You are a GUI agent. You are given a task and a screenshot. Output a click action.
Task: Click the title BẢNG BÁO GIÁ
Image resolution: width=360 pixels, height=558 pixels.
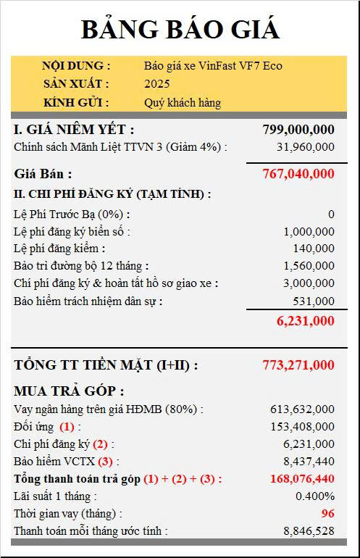(180, 30)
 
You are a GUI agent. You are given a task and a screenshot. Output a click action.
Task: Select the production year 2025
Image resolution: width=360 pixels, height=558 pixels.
(157, 84)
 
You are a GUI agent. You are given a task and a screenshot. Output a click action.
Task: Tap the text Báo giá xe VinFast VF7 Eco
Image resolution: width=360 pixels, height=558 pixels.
(213, 66)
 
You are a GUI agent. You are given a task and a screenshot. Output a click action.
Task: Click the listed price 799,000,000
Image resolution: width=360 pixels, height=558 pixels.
(298, 130)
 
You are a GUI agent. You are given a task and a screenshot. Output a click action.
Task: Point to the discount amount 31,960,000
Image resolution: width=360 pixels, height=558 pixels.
(305, 147)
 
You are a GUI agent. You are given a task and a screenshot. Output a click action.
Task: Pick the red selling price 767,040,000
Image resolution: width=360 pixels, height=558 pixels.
(298, 174)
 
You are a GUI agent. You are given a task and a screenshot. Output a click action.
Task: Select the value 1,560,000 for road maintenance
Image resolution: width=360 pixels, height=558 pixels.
(309, 266)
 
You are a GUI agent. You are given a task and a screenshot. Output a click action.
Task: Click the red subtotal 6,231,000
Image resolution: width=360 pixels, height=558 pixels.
(305, 321)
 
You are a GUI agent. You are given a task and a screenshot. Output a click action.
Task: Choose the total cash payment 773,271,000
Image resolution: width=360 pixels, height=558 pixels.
(298, 365)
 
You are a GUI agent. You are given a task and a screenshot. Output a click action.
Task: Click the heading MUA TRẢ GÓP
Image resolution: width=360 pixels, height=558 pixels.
(69, 391)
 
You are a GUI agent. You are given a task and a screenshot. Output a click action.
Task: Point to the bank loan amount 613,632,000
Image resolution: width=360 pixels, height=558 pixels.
(302, 409)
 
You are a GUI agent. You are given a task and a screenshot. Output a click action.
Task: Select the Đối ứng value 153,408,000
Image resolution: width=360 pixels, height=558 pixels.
(302, 427)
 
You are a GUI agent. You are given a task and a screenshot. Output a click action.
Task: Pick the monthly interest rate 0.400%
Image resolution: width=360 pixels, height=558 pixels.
(315, 496)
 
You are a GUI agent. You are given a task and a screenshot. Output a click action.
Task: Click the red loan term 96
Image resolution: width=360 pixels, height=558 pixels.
(327, 514)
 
